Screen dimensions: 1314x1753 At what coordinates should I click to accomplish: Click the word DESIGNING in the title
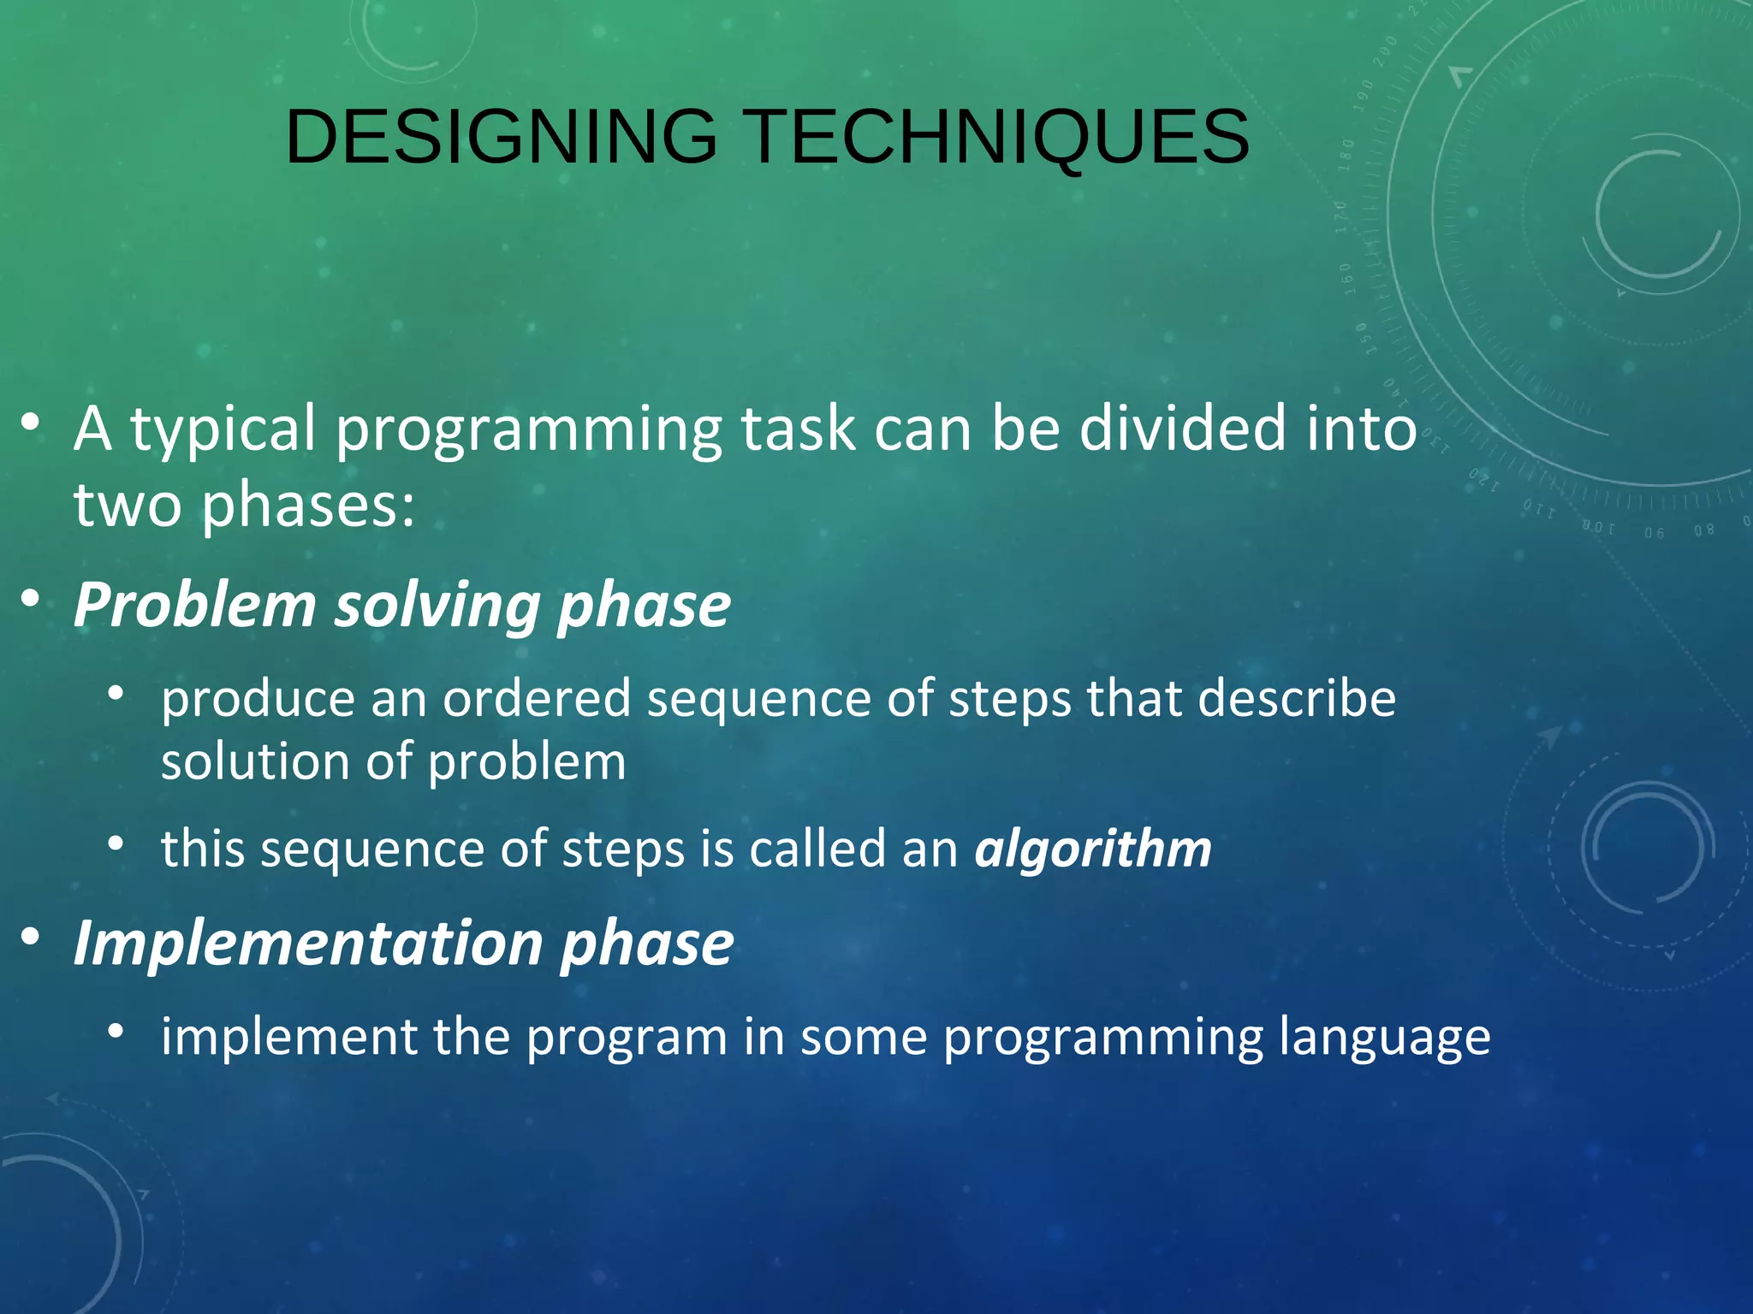(x=501, y=137)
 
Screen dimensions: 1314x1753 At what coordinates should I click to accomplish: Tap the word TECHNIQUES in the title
(x=999, y=137)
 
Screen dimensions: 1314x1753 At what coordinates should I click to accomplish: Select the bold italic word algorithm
(x=1093, y=849)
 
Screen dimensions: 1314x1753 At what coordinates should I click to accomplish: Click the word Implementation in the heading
(x=308, y=943)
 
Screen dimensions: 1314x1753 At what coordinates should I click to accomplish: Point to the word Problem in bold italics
(x=194, y=605)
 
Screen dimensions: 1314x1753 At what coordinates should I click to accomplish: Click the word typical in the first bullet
(x=223, y=430)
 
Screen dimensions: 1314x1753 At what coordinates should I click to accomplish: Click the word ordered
(x=537, y=699)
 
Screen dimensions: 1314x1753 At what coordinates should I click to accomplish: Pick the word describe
(x=1297, y=699)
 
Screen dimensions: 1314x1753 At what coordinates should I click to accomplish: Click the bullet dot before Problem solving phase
(x=31, y=598)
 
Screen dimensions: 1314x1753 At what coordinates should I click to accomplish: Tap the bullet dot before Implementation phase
(x=31, y=937)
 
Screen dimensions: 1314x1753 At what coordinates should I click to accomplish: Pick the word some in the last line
(x=864, y=1037)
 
